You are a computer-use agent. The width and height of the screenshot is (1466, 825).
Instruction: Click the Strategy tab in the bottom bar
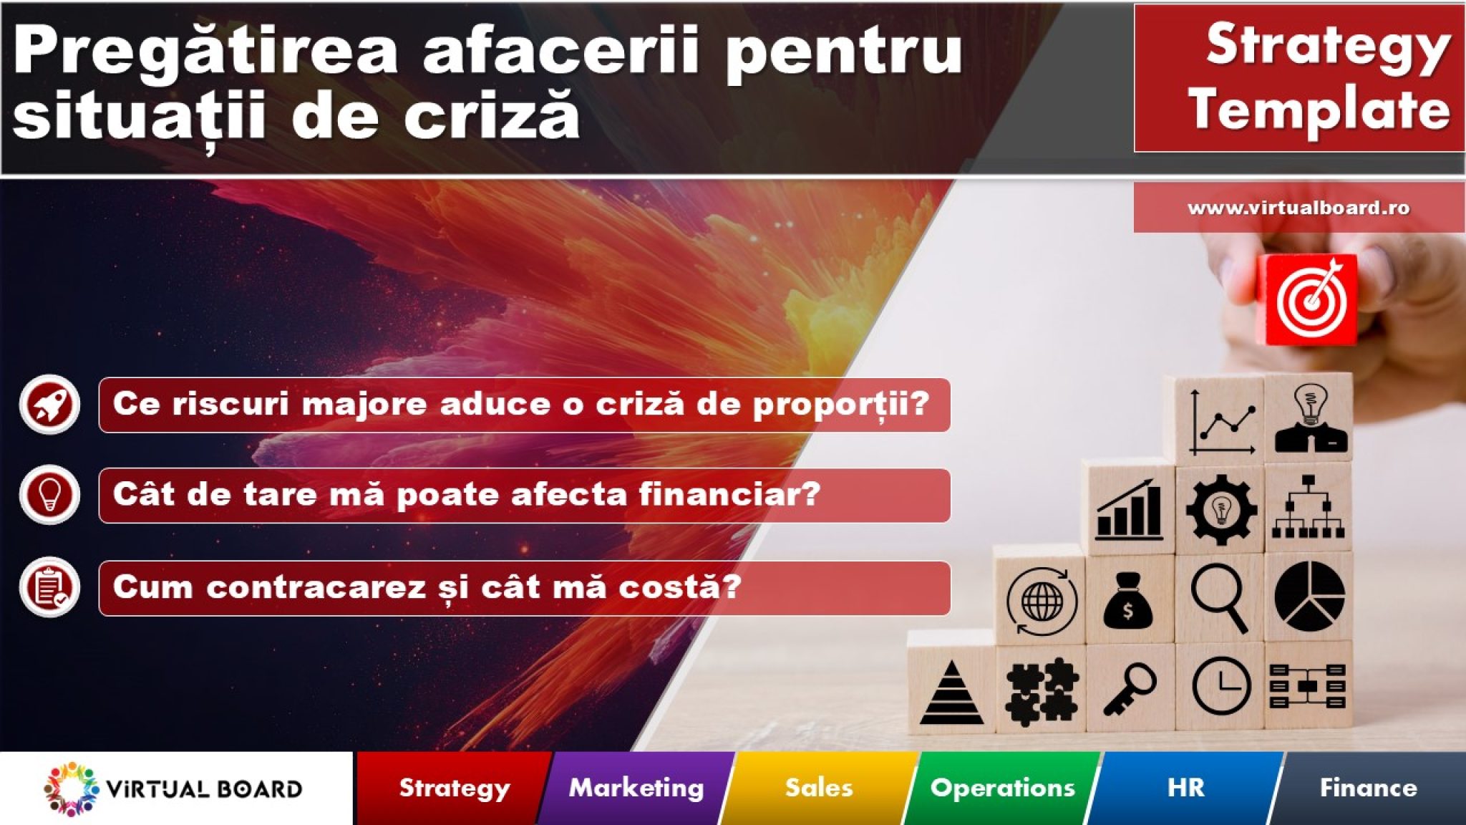point(454,788)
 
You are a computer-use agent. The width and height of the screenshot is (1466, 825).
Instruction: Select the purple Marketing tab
point(636,788)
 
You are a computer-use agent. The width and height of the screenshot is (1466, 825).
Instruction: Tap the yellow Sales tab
point(819,788)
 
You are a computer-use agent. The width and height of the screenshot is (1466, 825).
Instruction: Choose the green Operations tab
point(1002,788)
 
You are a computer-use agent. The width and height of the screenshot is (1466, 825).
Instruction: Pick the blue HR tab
point(1185,788)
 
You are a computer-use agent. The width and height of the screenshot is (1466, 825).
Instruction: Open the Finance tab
point(1368,788)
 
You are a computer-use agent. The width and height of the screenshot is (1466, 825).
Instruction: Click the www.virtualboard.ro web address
point(1298,208)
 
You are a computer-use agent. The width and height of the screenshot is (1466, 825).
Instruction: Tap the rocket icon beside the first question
point(49,405)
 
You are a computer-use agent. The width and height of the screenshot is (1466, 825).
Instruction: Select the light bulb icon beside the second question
point(49,495)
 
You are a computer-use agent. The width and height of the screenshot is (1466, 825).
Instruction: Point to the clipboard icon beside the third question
point(49,587)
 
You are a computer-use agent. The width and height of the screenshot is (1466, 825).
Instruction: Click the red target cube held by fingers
point(1310,299)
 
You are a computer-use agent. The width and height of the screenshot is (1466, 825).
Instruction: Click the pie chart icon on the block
point(1309,597)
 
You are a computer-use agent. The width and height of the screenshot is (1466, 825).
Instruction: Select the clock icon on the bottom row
point(1221,685)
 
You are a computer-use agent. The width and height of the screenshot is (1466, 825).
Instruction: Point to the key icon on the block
point(1130,688)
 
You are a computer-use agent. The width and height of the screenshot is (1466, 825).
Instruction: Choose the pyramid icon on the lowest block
point(951,693)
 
